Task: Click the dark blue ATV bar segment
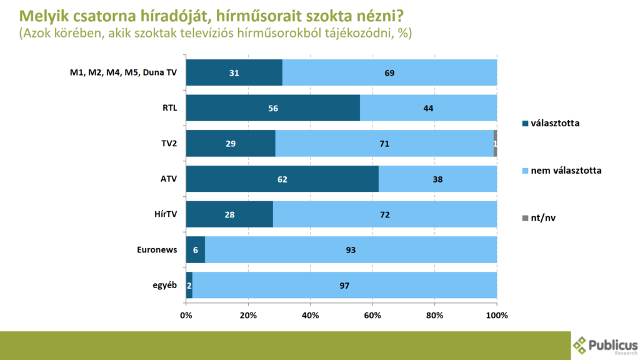point(282,179)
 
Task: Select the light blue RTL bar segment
point(428,108)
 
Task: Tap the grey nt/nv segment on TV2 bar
point(495,144)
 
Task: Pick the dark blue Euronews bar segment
point(195,250)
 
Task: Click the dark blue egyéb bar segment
point(189,286)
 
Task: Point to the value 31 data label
point(234,73)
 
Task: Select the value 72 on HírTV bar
point(385,215)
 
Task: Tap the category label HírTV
point(166,214)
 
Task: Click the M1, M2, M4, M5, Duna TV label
point(123,72)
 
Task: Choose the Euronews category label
point(157,250)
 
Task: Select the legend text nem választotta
point(566,170)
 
